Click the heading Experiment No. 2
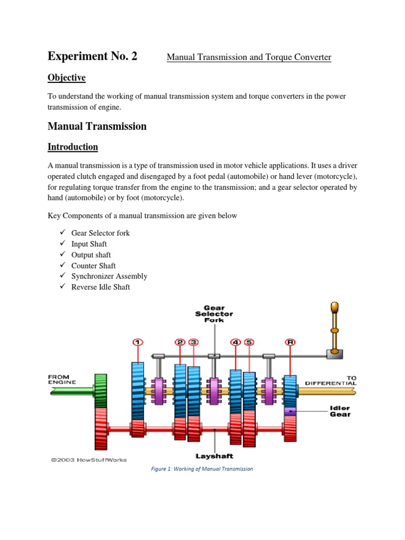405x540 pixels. (x=92, y=56)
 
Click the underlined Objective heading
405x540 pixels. (x=66, y=78)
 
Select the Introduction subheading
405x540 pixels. (x=73, y=147)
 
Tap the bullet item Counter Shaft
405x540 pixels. (x=93, y=266)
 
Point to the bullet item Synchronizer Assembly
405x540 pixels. (x=109, y=276)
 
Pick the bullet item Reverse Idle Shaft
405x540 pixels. (x=101, y=287)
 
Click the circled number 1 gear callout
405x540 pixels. (x=138, y=342)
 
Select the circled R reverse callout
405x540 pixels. (x=290, y=342)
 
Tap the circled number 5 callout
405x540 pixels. (x=249, y=342)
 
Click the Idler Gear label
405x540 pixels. (x=340, y=411)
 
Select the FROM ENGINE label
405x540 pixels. (x=62, y=379)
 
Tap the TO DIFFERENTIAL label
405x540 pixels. (x=336, y=380)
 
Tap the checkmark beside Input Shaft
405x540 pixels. (x=63, y=244)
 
